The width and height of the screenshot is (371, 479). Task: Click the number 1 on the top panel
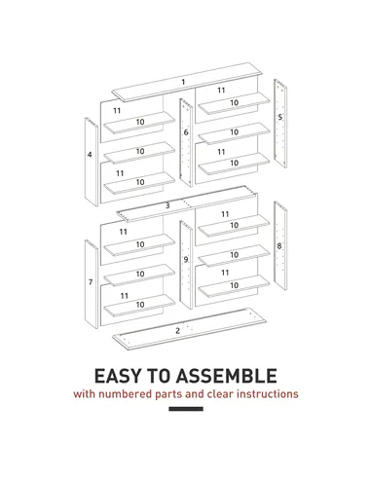click(x=182, y=81)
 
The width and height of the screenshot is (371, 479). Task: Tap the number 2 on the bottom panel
click(x=177, y=330)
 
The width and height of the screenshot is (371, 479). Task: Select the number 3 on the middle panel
click(x=167, y=204)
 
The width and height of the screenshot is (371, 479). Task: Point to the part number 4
click(x=90, y=154)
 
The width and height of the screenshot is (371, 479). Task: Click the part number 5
click(x=280, y=117)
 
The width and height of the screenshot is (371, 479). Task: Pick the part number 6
click(x=186, y=131)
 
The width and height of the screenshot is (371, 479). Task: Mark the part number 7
click(x=90, y=282)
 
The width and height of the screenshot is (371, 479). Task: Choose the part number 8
click(x=279, y=245)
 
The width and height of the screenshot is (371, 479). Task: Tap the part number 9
click(x=186, y=259)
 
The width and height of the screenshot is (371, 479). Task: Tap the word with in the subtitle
click(x=86, y=395)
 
